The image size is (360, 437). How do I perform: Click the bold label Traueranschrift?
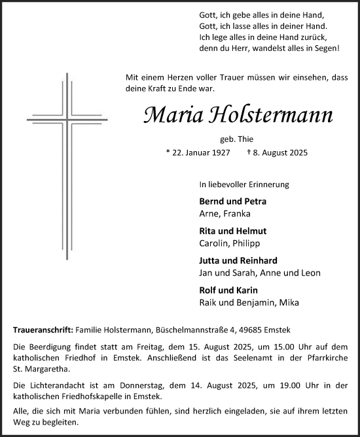(x=43, y=330)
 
